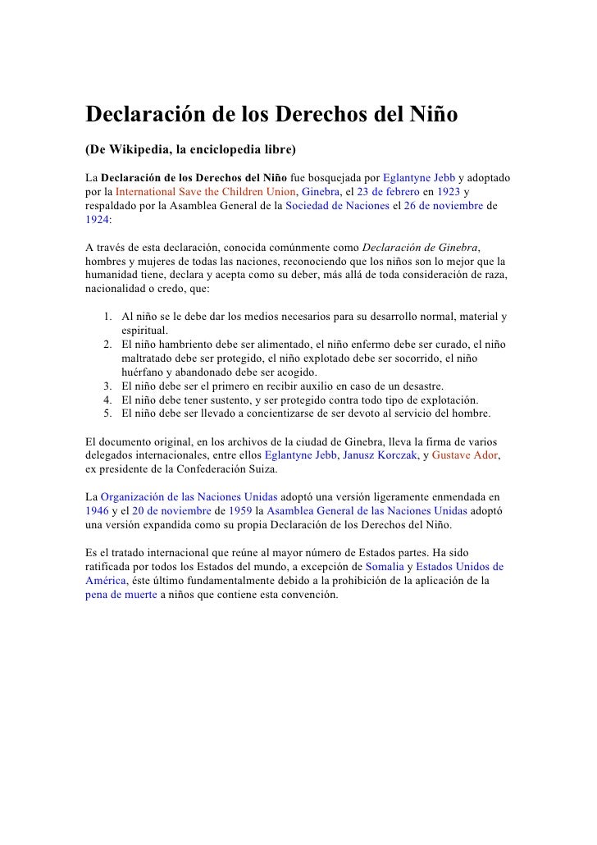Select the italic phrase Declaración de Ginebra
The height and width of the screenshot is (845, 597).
click(421, 248)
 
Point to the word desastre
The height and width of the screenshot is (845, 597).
click(420, 386)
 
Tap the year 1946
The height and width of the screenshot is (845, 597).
click(96, 511)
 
